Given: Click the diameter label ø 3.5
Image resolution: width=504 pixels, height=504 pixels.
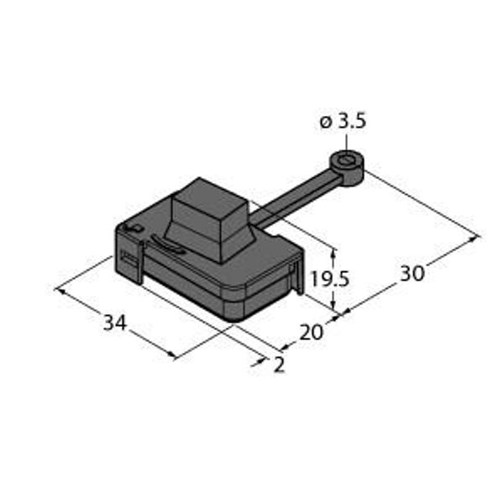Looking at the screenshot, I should (x=343, y=123).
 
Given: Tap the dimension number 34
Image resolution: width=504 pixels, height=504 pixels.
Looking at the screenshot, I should (x=115, y=322).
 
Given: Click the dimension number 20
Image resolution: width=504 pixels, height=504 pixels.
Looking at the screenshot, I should (x=311, y=333).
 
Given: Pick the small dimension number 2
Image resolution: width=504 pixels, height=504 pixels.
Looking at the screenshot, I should (x=279, y=365).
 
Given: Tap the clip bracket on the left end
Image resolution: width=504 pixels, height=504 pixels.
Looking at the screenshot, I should (x=128, y=263).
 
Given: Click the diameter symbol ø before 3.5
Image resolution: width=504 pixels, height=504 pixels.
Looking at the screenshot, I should (x=326, y=123).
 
